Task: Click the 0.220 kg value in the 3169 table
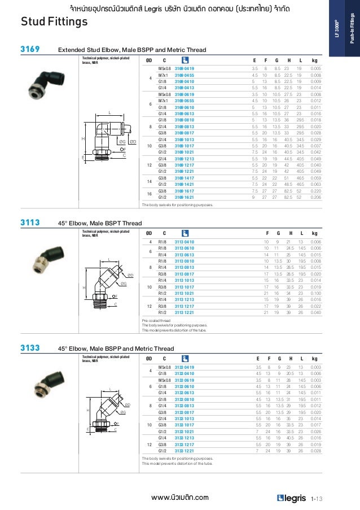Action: pos(316,191)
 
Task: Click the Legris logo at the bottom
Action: pos(292,498)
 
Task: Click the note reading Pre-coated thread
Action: pos(156,321)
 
